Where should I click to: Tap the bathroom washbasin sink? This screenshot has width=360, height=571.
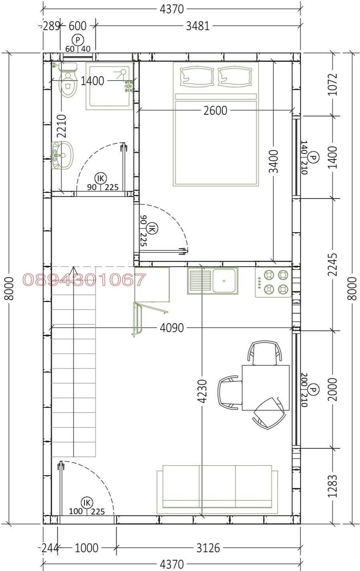coord(63,155)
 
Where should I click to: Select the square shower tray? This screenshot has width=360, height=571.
coord(109,86)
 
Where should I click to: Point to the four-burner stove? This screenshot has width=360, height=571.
coord(273,282)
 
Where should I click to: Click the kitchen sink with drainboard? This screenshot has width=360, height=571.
coord(213,281)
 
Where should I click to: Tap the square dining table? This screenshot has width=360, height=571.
coord(265,388)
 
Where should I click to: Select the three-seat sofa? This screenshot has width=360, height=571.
coord(217,489)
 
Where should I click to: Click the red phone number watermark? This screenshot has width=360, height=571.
coord(85,279)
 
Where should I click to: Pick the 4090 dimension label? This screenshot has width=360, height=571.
coord(172,328)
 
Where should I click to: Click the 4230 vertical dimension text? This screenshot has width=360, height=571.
coord(202,391)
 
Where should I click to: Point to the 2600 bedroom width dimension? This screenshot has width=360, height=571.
coord(215,111)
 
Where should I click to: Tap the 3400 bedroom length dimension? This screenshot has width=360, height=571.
coord(274,161)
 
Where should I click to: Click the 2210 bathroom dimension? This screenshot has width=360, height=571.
coord(62,126)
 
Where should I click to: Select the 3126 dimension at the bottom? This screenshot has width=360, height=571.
coord(208,548)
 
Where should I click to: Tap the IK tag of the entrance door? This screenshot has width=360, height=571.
coord(87,503)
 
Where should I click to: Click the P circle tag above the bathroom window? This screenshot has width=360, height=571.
coord(78,40)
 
